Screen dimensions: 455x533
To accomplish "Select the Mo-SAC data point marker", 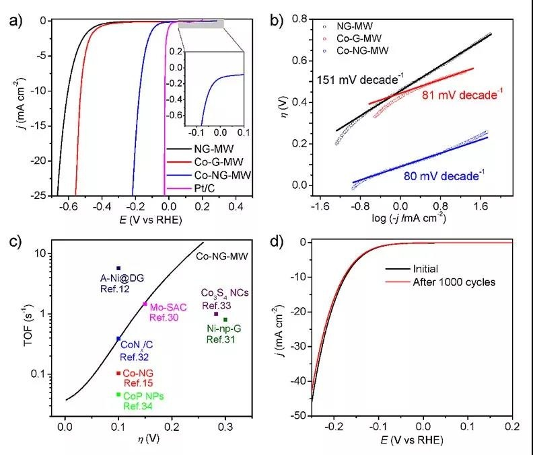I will point(145,304).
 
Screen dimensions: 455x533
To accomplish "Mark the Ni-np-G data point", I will point(225,320).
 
